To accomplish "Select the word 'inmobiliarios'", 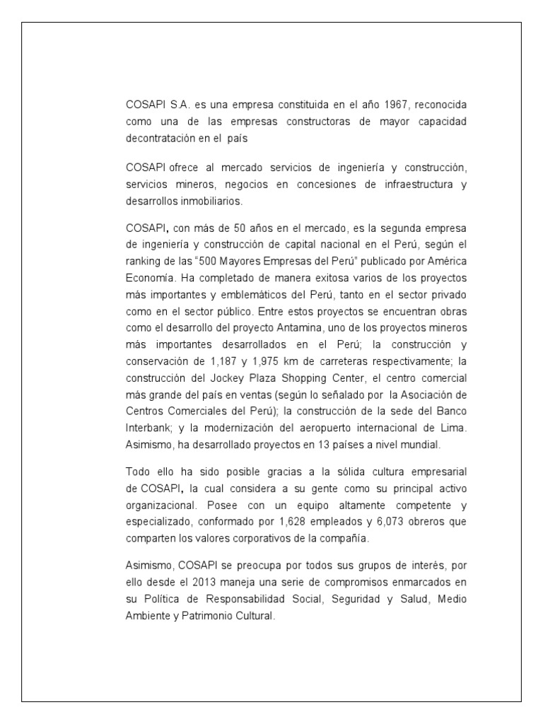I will [x=212, y=201].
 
